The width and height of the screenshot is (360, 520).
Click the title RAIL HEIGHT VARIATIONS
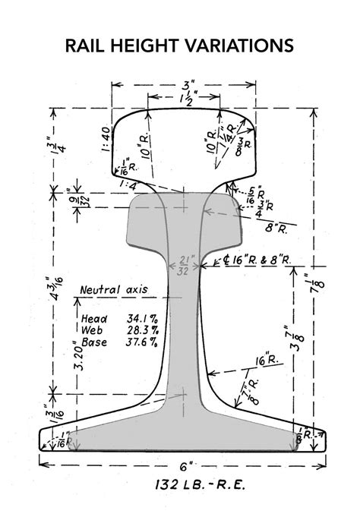[180, 47]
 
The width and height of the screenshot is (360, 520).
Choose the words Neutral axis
[113, 289]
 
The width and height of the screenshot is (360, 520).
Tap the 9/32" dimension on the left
[75, 199]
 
